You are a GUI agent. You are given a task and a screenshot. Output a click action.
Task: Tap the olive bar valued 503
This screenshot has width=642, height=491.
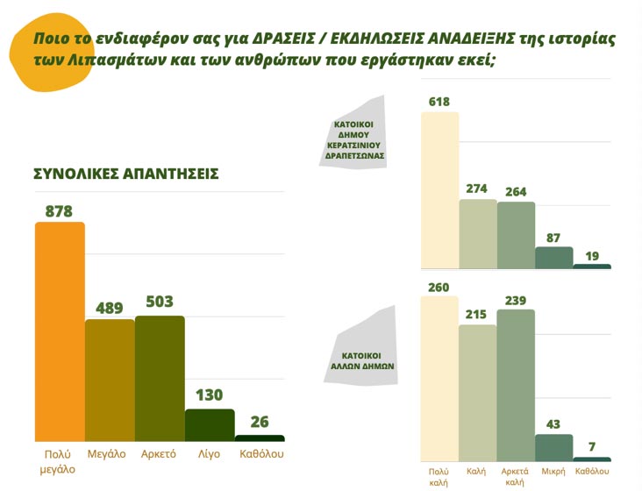[160, 378]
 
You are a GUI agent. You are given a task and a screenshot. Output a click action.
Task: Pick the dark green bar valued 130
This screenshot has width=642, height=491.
[210, 424]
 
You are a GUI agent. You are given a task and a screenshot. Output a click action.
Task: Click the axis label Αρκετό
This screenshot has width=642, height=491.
[160, 454]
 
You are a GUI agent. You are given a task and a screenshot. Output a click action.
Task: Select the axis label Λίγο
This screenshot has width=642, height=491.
[210, 454]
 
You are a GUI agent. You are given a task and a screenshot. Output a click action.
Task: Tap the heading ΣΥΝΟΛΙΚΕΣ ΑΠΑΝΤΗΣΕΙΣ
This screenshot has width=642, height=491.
[125, 174]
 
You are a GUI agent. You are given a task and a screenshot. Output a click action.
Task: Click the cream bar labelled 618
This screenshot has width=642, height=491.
[439, 190]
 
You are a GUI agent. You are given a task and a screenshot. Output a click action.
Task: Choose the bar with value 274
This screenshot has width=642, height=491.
[478, 234]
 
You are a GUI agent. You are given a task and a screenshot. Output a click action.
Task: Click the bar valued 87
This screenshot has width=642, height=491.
[553, 258]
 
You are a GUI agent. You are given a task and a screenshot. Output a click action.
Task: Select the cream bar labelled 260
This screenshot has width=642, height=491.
[439, 378]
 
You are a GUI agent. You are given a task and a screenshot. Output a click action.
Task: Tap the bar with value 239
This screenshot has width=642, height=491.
[516, 385]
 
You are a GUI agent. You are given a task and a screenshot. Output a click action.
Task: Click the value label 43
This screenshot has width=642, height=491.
[553, 423]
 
